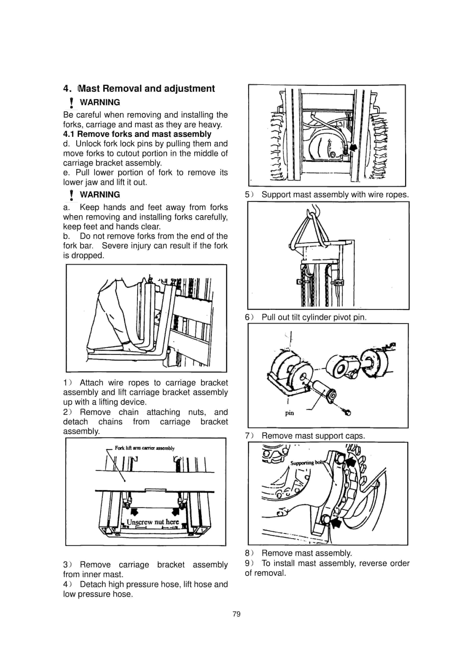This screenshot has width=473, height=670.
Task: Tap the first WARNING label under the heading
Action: tap(100, 102)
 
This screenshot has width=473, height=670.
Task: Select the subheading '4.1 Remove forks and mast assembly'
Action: tap(137, 134)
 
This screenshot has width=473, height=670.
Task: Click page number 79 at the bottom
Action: tap(236, 614)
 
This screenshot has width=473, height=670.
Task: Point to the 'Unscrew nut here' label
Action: tap(153, 522)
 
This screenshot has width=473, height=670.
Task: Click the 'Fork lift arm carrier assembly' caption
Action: tap(145, 448)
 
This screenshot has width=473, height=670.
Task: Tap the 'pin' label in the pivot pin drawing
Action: tap(289, 413)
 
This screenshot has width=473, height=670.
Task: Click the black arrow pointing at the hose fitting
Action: tap(353, 147)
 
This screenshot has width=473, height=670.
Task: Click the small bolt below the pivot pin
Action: tap(348, 412)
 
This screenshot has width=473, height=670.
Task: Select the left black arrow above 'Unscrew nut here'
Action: tap(135, 511)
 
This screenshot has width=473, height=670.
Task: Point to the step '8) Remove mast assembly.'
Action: tap(307, 553)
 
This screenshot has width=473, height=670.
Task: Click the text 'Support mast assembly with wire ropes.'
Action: tap(335, 195)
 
